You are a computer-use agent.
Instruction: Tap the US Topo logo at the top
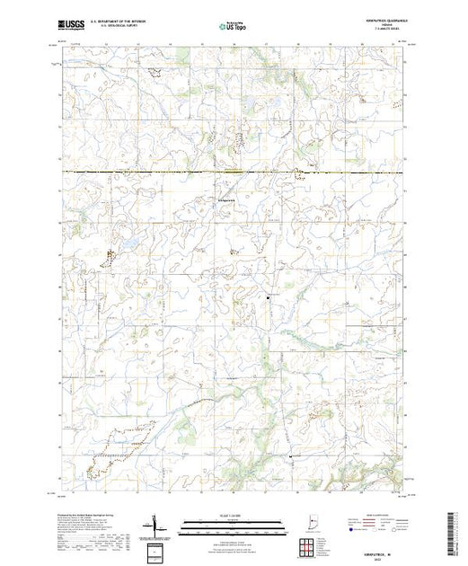234,27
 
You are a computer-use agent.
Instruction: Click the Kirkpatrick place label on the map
227,199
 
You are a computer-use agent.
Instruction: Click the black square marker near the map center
267,296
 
